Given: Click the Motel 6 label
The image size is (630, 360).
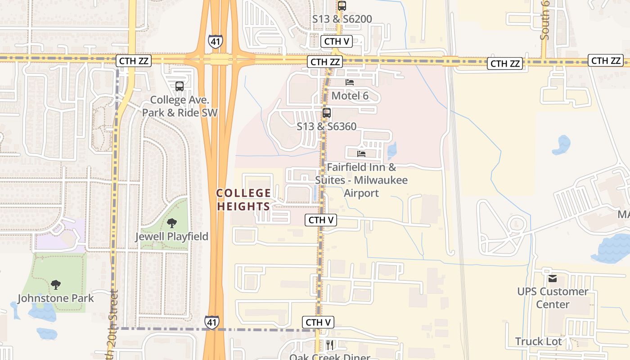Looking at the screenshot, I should (x=350, y=96).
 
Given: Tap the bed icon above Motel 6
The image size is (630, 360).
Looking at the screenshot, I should (x=350, y=82).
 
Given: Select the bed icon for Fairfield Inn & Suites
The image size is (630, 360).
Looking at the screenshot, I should (x=361, y=153).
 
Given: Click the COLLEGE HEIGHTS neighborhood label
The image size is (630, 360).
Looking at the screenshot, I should (x=244, y=200).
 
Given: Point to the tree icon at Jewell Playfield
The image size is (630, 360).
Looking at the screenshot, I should (x=171, y=223).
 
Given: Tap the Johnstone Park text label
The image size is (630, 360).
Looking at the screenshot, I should (x=56, y=298).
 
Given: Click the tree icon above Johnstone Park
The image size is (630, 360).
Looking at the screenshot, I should (x=56, y=284).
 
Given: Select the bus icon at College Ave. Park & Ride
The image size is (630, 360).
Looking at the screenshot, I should (x=180, y=86).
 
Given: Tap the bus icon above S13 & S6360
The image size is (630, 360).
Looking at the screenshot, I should (x=327, y=113).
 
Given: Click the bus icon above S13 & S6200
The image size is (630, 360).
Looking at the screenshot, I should (x=342, y=6).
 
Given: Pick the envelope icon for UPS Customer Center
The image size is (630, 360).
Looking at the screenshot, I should (x=553, y=278).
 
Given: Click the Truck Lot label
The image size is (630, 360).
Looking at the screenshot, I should (x=539, y=342).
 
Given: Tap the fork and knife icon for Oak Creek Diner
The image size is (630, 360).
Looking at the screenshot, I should (x=330, y=345).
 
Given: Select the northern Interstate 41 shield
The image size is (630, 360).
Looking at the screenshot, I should (x=215, y=41).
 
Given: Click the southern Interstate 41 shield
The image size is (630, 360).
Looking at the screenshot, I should (x=212, y=322).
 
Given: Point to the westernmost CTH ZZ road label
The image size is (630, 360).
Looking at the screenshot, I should (x=133, y=61).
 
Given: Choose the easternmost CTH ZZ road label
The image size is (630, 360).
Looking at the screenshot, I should (x=606, y=60).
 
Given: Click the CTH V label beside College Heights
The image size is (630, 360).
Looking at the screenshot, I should (x=321, y=220).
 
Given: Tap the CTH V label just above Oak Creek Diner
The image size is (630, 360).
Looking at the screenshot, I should (x=318, y=322).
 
